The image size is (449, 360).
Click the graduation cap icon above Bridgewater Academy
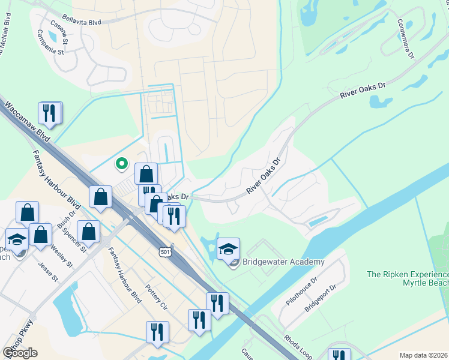coord(228,249)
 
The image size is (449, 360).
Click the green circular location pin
coord(121,163)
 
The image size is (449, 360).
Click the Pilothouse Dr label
coord(300,292)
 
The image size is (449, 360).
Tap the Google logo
coord(20,353)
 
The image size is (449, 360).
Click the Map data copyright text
coord(424,355)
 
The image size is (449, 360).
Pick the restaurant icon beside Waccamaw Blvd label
coord(50,113)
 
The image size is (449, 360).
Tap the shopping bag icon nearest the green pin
coord(146,175)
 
